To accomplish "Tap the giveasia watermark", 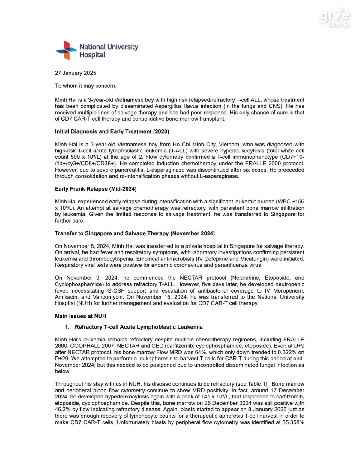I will point(334,19).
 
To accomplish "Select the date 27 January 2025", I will point(76,73).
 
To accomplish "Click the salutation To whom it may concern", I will point(86,86).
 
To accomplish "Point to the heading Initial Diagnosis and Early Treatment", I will point(112,131).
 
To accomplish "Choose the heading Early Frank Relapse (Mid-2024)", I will point(96,189).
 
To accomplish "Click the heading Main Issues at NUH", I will point(80,316).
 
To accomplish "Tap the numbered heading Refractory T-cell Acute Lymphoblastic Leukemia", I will point(139,327).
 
